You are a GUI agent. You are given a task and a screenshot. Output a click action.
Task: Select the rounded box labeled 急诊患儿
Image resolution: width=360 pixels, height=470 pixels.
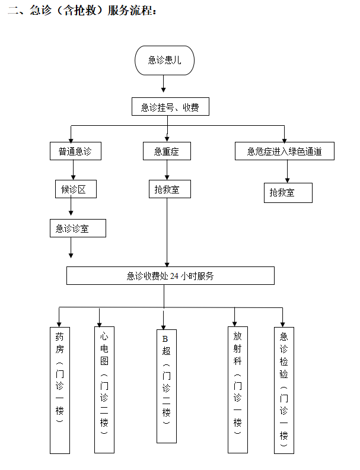pos(164,60)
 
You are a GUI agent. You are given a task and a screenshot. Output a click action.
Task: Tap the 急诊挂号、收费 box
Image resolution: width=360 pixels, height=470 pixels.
pos(170,107)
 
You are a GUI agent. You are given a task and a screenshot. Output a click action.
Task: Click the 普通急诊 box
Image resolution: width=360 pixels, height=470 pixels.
pos(75,151)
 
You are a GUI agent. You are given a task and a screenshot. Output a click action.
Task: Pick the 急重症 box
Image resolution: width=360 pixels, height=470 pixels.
pos(167,151)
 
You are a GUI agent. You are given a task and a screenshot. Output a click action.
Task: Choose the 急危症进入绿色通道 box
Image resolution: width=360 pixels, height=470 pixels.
pos(285,151)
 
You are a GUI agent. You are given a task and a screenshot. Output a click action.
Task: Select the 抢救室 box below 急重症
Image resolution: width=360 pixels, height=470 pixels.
pos(169,189)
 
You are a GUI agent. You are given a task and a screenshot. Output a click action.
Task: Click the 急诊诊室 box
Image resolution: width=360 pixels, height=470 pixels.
pos(78,228)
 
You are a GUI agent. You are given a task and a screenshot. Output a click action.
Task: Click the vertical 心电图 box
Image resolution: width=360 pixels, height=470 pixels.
pos(104,388)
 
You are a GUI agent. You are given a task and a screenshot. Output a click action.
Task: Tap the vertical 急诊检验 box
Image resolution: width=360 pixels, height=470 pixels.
pos(283,389)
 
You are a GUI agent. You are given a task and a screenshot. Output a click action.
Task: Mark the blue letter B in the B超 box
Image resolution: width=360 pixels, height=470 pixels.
pos(165,338)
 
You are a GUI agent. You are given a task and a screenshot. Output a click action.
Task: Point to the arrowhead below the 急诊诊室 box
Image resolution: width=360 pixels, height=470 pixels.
pos(71,255)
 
